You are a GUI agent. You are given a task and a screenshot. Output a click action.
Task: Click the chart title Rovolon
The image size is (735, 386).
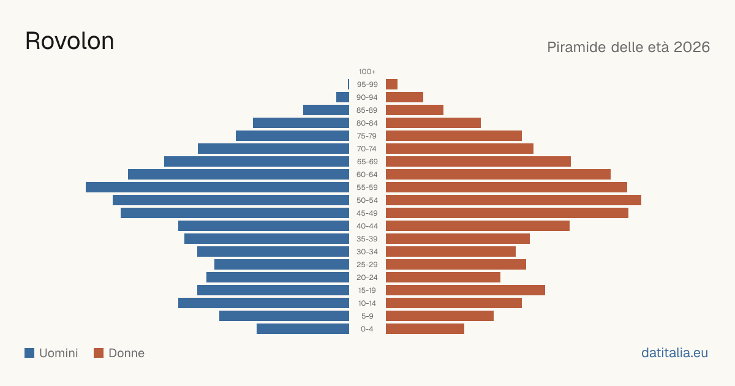point(70,41)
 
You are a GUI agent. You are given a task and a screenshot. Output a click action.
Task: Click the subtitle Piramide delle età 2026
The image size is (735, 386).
point(628,47)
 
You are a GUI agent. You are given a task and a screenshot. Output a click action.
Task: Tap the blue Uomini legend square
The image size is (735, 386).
point(29,353)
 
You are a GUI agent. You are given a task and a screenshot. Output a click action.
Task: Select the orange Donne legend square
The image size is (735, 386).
point(99,353)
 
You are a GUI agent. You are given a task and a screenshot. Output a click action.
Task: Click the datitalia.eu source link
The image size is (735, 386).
point(674,353)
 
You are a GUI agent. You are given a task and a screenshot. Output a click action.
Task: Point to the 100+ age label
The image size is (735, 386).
point(367,72)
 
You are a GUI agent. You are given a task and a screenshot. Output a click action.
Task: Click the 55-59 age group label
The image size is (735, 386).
point(367,187)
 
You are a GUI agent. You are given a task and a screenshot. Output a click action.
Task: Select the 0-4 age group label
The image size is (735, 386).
point(367,329)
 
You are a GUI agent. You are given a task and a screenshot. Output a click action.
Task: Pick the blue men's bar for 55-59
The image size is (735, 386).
point(217,187)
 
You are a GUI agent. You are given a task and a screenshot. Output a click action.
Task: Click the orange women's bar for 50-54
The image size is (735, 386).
point(513,200)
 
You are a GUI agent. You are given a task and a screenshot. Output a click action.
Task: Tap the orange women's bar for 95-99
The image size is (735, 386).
point(391,85)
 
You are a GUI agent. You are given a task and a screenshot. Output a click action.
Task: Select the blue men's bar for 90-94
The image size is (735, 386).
point(342,97)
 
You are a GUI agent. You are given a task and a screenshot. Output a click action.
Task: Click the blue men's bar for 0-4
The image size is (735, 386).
point(303,329)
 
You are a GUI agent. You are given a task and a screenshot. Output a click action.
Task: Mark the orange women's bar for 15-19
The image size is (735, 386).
point(466,290)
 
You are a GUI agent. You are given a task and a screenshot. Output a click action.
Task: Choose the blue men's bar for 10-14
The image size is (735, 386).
point(263,303)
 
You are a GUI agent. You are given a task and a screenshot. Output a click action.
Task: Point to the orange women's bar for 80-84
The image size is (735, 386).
point(433,123)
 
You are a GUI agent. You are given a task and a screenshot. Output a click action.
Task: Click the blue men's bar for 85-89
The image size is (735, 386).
point(326,110)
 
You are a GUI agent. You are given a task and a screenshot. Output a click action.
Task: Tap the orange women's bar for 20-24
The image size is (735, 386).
point(443,278)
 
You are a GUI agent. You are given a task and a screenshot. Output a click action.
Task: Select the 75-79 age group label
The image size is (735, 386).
point(367,136)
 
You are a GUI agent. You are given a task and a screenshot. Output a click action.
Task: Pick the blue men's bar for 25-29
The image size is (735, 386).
point(282,265)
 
